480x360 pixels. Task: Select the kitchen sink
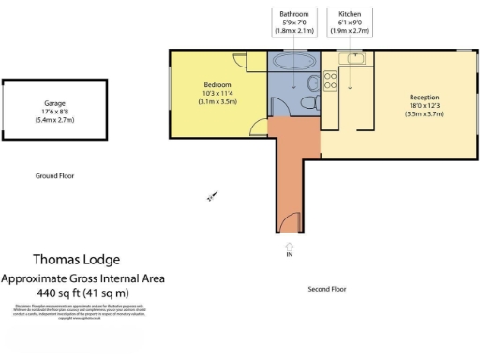353,59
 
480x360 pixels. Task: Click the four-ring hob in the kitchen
330,80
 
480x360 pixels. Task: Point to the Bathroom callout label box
292,22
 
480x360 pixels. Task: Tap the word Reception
425,97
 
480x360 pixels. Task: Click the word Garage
54,103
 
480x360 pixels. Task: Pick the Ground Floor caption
54,175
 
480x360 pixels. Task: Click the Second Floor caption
327,289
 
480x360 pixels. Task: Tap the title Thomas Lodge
77,260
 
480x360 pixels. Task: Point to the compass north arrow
212,197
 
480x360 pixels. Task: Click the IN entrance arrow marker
290,248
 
